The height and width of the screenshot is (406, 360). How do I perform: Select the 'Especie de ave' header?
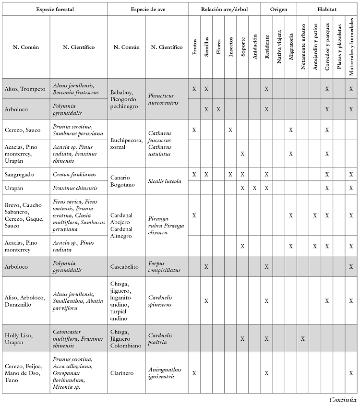147,9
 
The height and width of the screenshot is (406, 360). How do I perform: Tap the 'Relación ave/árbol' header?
224,9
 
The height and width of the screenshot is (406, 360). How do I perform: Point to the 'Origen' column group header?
279,9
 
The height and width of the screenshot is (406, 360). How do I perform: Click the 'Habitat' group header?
327,9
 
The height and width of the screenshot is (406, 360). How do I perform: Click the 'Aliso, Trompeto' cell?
25,89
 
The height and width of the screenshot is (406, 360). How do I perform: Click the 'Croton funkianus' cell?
73,174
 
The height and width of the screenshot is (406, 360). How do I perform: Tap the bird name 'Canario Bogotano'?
123,181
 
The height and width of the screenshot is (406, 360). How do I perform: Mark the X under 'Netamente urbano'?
303,339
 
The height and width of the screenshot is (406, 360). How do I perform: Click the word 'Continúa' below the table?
343,399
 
